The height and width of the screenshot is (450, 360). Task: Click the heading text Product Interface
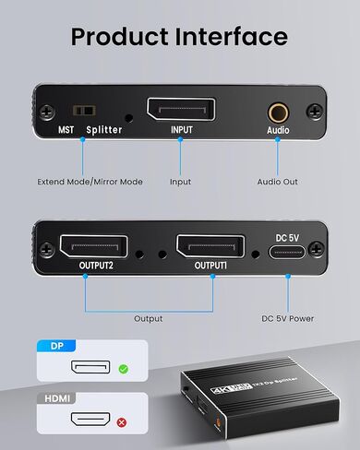coord(180,37)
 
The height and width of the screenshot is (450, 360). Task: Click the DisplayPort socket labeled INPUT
coord(181,112)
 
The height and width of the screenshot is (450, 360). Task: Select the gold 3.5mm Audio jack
coord(277,112)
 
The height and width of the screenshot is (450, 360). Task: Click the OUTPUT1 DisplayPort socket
coord(210,247)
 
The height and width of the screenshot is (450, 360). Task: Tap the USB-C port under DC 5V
coord(287,254)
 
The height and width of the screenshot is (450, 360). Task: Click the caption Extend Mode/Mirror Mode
coord(90,182)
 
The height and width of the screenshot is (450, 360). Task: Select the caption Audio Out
coord(277,182)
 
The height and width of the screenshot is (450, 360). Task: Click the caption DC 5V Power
coord(287,318)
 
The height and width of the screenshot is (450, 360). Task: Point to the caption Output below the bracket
coord(148,318)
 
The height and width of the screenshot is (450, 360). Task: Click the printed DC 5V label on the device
coord(287,236)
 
